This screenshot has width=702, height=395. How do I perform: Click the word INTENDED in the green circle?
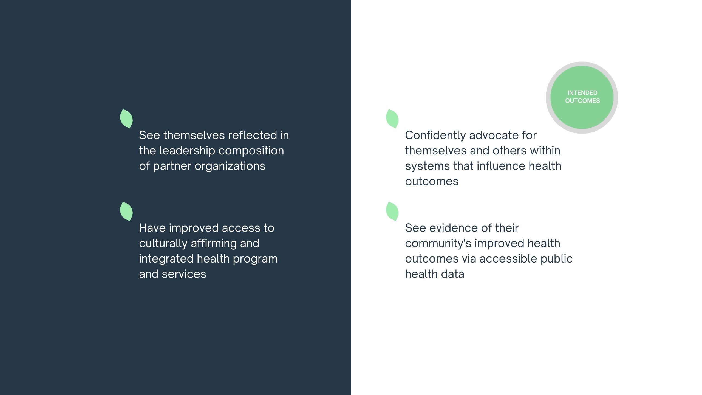(582, 93)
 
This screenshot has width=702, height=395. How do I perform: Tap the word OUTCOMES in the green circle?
(582, 101)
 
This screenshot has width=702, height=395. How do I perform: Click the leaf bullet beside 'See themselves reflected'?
(126, 119)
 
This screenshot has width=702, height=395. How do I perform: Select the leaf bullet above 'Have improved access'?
(126, 211)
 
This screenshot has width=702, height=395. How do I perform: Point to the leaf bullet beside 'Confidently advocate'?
(392, 119)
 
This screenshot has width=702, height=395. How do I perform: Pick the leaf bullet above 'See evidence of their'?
(392, 211)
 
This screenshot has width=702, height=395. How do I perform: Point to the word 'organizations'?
(230, 166)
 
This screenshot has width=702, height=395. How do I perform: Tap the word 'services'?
(184, 274)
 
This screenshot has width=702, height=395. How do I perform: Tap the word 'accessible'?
(508, 259)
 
